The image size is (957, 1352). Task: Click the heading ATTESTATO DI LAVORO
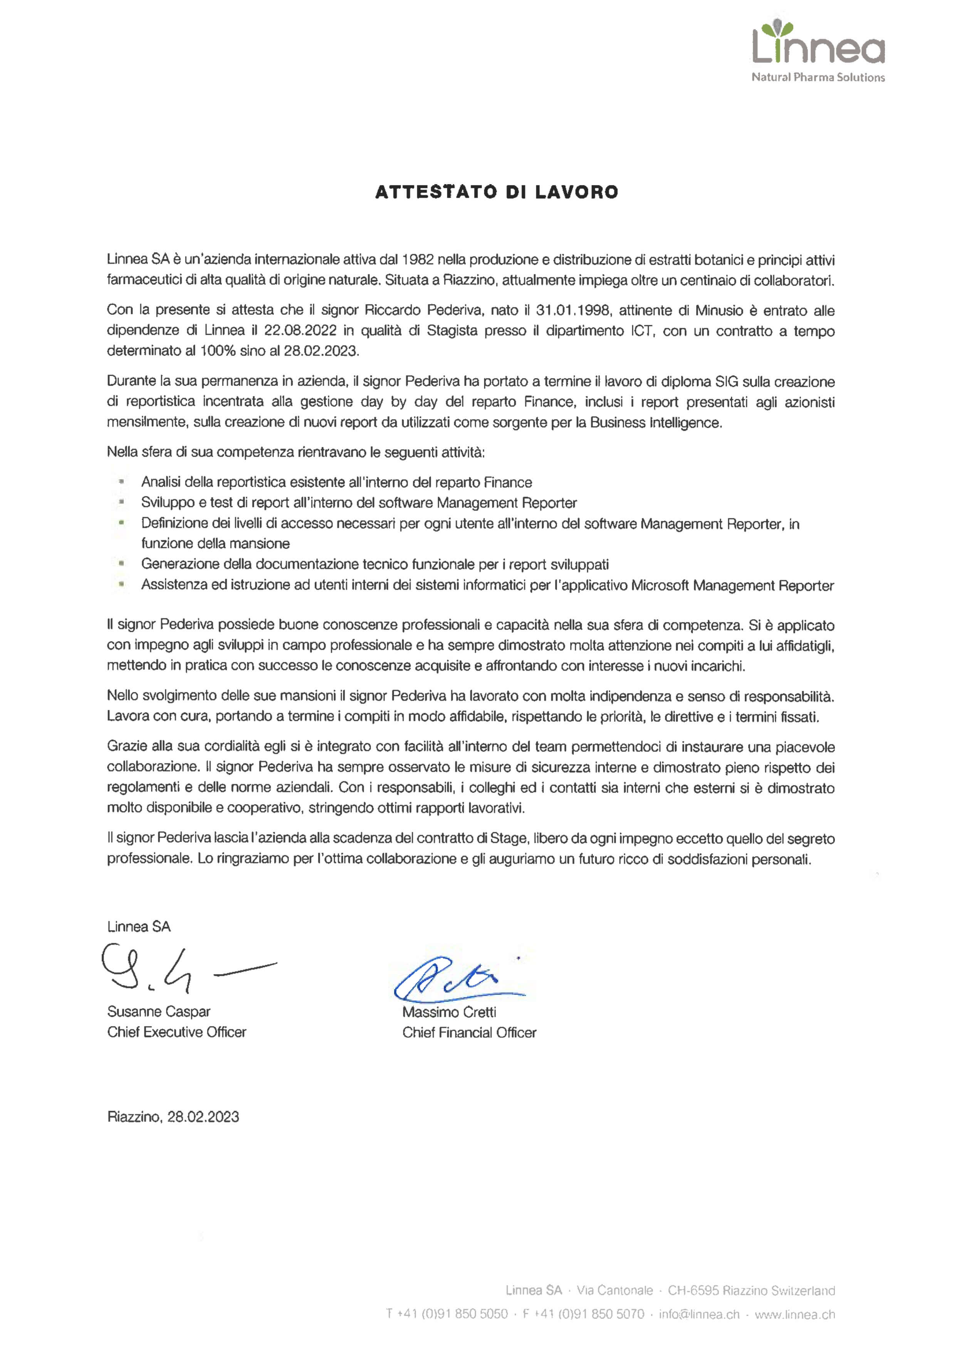[497, 192]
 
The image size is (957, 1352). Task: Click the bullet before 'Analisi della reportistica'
[121, 482]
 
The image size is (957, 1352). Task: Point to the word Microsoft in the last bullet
[660, 585]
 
